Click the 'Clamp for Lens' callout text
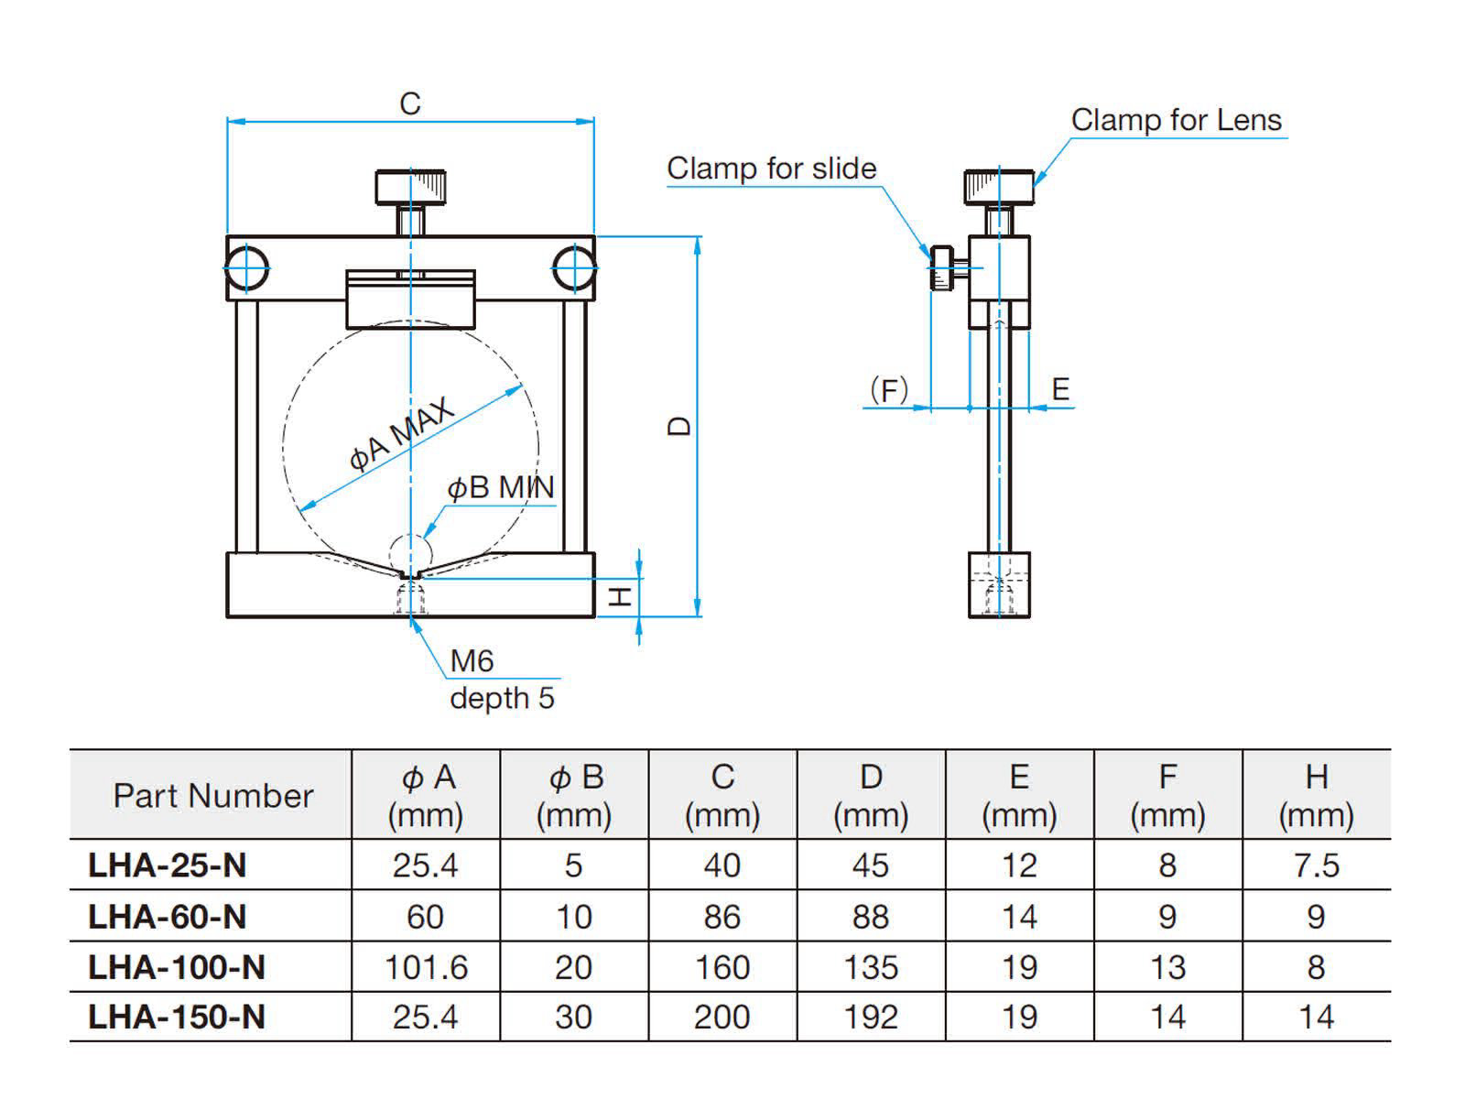(1176, 120)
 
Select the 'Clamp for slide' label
(771, 169)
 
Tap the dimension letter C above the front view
(409, 104)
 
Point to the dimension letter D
(679, 426)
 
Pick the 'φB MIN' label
(500, 488)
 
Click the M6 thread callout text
(472, 660)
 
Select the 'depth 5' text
(502, 698)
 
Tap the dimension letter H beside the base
(622, 597)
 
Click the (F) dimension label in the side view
(888, 390)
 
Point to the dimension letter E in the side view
(1060, 389)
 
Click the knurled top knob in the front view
(410, 187)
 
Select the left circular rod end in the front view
(247, 269)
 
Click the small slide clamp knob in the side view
(942, 267)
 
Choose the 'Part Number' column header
(212, 795)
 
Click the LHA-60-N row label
(167, 916)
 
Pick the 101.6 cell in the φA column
(426, 967)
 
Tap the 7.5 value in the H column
(1316, 865)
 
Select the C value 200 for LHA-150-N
(722, 1017)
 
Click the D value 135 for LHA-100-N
(870, 967)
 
